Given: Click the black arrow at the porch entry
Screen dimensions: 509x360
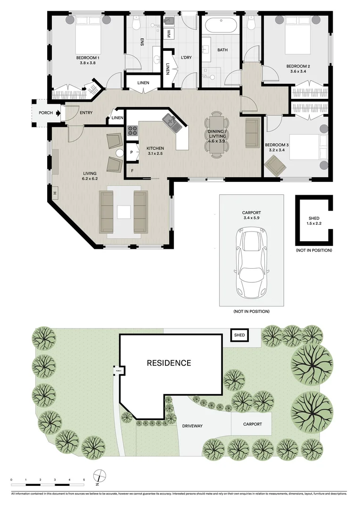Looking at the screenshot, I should click(x=57, y=113).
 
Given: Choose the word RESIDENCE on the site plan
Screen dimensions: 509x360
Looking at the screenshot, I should click(x=169, y=363).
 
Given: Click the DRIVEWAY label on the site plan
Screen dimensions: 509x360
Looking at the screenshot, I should click(x=192, y=426).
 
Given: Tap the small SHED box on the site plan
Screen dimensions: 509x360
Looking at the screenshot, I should click(x=239, y=336).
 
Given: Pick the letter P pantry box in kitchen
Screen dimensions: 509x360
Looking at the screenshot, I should click(x=131, y=153).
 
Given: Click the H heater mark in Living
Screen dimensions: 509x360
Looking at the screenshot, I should click(x=55, y=192).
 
